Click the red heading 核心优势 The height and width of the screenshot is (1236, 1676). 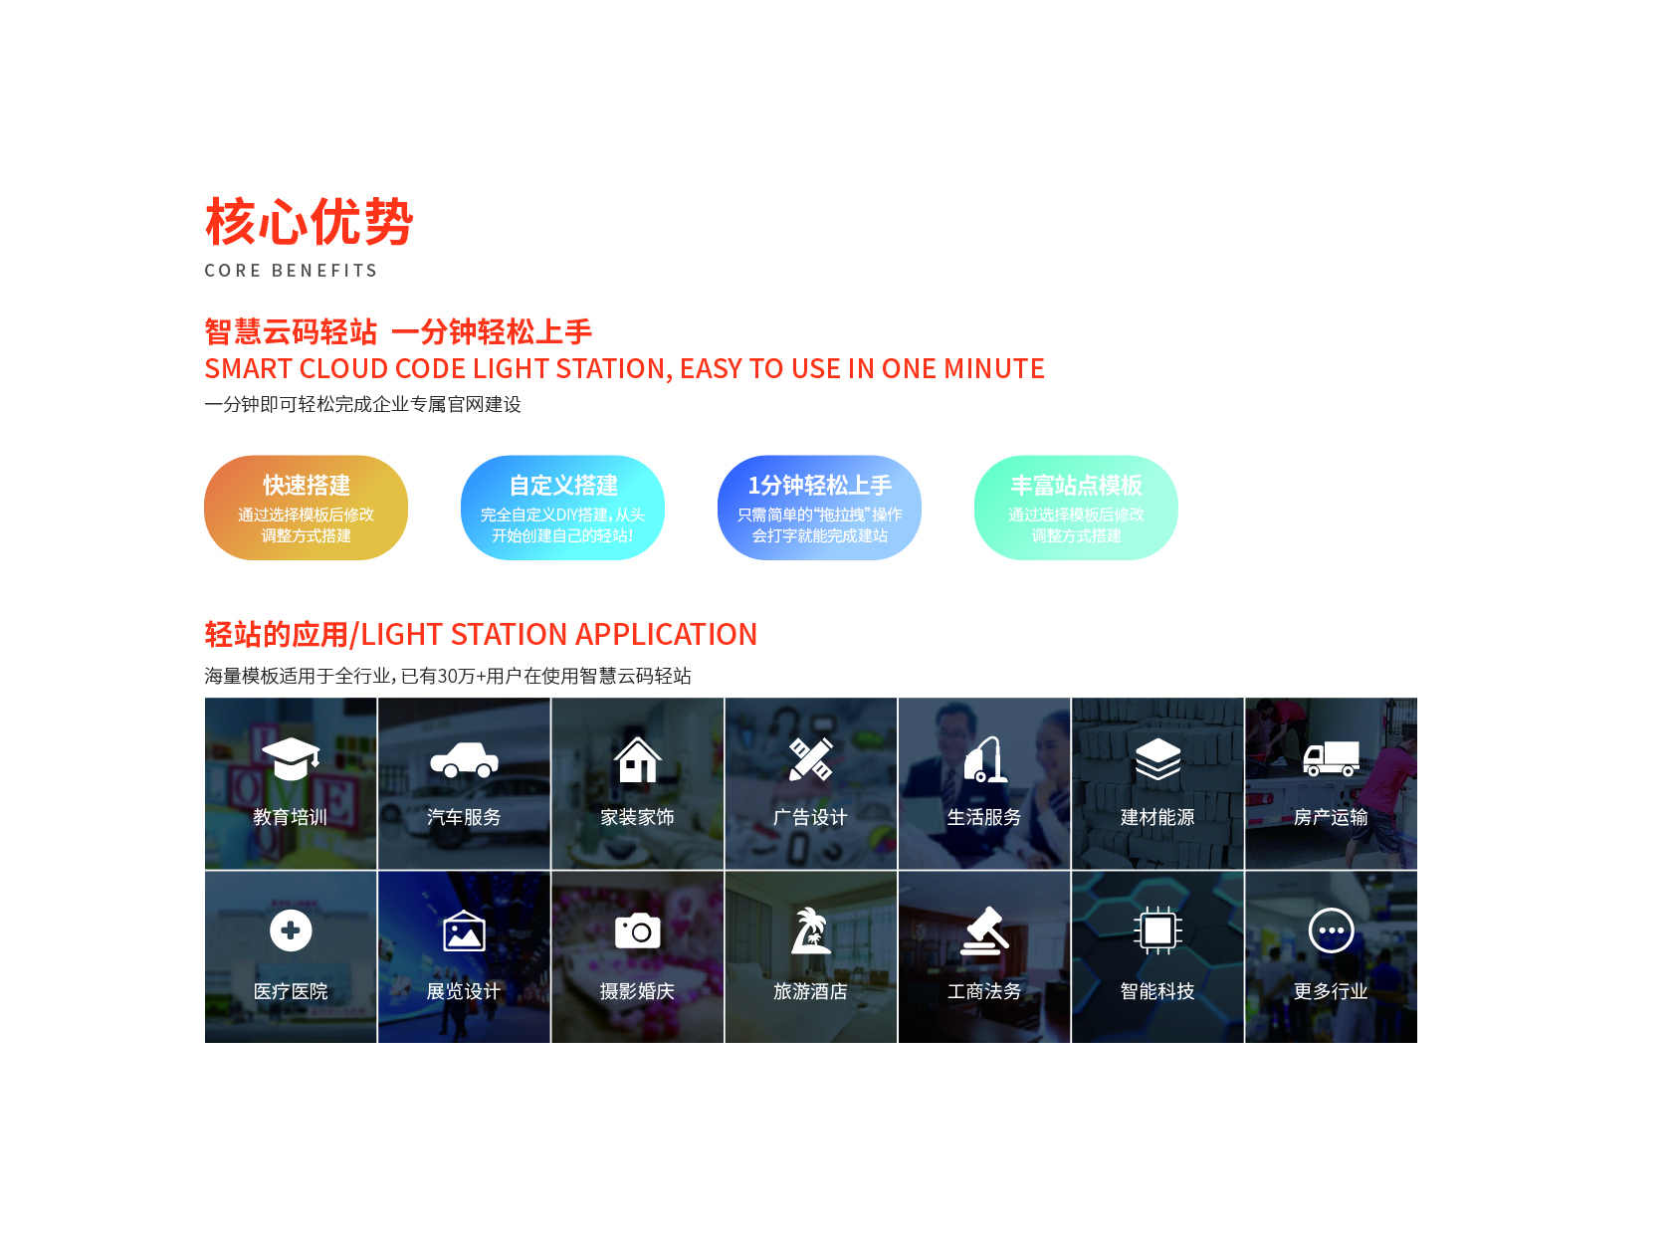pos(309,222)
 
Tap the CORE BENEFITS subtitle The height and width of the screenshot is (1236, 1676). pos(291,270)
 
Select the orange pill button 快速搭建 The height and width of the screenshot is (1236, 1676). pos(306,508)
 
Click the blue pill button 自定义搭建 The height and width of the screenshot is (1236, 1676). pos(562,508)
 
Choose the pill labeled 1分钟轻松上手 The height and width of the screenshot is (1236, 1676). pos(819,508)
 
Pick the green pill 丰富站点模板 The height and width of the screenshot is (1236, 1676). pos(1076,508)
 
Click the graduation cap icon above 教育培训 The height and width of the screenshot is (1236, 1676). pos(291,759)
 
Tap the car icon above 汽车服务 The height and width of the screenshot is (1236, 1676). pos(464,760)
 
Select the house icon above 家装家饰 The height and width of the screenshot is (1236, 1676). pos(638,759)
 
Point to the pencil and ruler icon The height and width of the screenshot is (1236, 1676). pos(811,759)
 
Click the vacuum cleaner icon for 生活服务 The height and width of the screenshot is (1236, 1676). pos(984,759)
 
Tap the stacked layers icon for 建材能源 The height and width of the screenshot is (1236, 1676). pos(1157,759)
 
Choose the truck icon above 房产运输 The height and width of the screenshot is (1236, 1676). pos(1331,759)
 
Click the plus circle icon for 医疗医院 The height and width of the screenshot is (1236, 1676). pos(291,930)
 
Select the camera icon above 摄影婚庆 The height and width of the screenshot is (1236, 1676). pos(638,930)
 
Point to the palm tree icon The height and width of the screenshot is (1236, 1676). pos(811,930)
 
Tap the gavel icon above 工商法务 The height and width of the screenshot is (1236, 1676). pos(984,931)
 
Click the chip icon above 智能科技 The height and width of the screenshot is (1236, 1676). pos(1157,930)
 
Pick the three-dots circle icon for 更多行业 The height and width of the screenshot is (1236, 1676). pos(1331,930)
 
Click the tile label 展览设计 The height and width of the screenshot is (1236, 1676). pos(464,992)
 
